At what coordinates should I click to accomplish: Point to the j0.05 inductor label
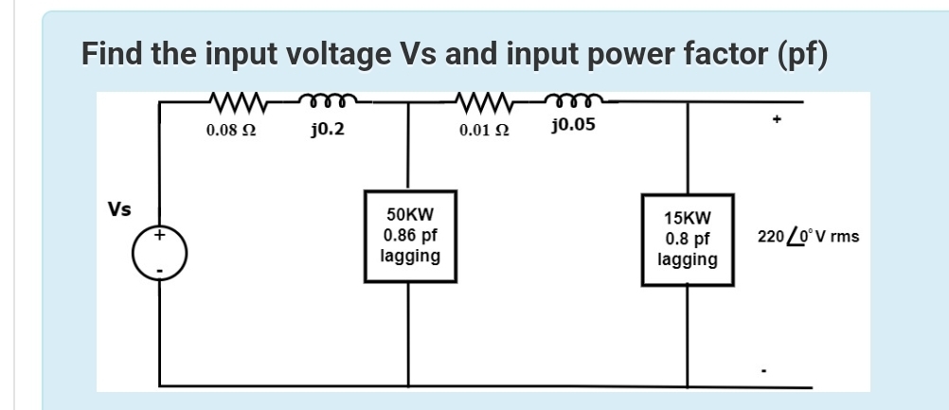(x=572, y=125)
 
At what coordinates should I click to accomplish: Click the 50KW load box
(x=409, y=236)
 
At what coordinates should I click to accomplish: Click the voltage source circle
(x=159, y=253)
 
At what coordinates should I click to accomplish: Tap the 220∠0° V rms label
(x=808, y=236)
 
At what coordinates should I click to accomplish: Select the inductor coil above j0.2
(x=326, y=98)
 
